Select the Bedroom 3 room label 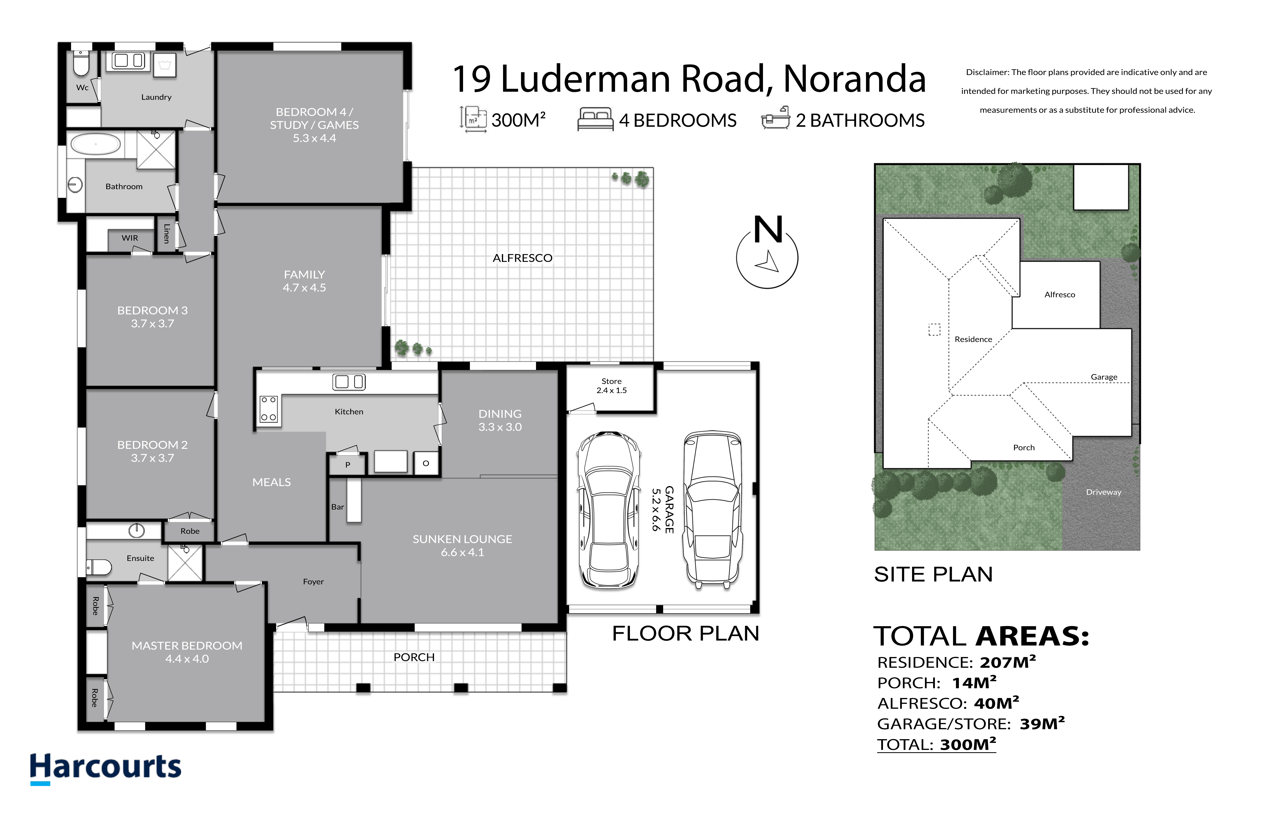coord(152,317)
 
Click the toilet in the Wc coord(81,64)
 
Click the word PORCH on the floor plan coord(414,657)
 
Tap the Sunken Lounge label coord(462,546)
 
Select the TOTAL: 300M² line coord(936,744)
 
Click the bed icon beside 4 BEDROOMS coord(595,119)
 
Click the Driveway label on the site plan coord(1103,492)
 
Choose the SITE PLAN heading coord(933,574)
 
